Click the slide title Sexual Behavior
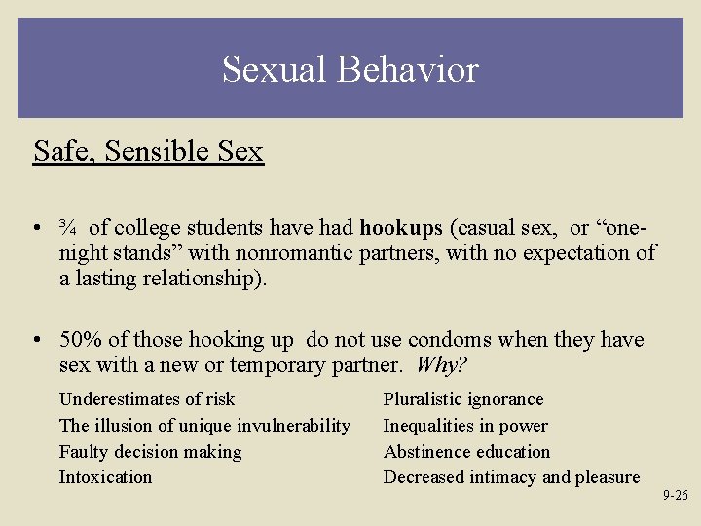pyautogui.click(x=350, y=70)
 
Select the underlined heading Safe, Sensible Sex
pyautogui.click(x=148, y=152)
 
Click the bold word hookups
pyautogui.click(x=401, y=229)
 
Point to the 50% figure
pyautogui.click(x=81, y=340)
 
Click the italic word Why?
pyautogui.click(x=441, y=365)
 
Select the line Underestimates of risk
pyautogui.click(x=147, y=399)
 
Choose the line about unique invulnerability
pyautogui.click(x=204, y=426)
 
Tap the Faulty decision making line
pyautogui.click(x=150, y=452)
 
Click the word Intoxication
pyautogui.click(x=105, y=477)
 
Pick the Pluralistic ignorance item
pyautogui.click(x=463, y=399)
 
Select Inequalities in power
pyautogui.click(x=465, y=426)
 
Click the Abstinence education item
pyautogui.click(x=466, y=452)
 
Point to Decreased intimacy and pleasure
pyautogui.click(x=511, y=477)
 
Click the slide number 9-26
pyautogui.click(x=675, y=496)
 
